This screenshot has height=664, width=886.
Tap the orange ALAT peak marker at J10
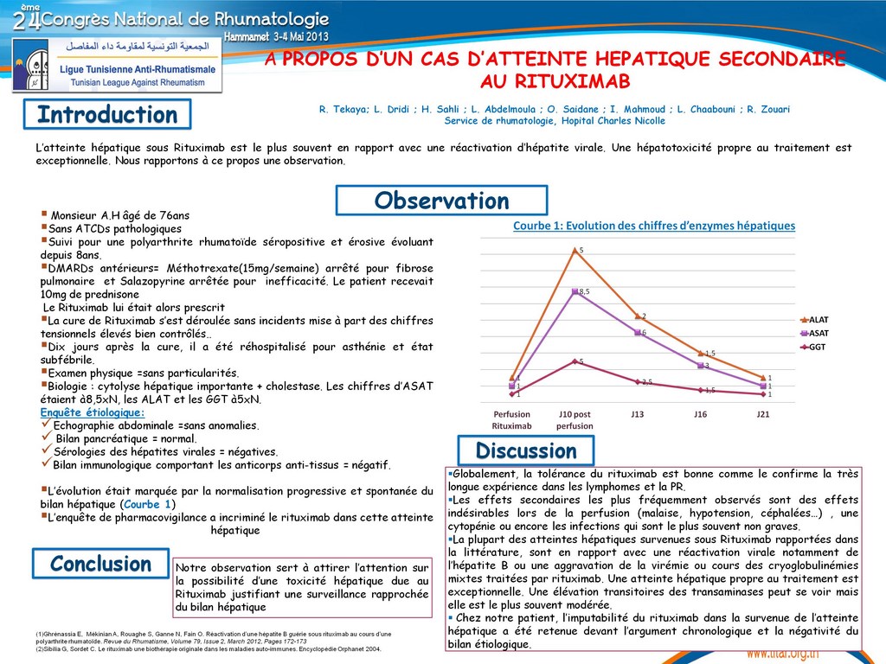(x=575, y=250)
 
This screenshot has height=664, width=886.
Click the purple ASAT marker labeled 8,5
(x=575, y=291)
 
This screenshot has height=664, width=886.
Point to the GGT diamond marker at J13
(x=637, y=381)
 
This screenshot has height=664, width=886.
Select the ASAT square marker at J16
(x=700, y=366)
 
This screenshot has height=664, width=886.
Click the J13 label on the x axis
(x=637, y=414)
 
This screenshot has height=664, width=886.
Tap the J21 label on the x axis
(x=762, y=414)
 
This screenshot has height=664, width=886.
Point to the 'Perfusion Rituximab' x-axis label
(x=511, y=420)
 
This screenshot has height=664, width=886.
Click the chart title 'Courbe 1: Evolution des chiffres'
(x=654, y=227)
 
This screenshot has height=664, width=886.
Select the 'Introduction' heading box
(x=107, y=115)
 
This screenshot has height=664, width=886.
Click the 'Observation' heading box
(x=441, y=201)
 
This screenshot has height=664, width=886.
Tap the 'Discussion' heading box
(x=526, y=450)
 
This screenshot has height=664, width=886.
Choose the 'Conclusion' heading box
(x=100, y=564)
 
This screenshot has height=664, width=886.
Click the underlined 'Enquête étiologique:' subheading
(x=93, y=412)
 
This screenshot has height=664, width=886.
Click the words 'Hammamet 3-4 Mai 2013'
(x=275, y=38)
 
